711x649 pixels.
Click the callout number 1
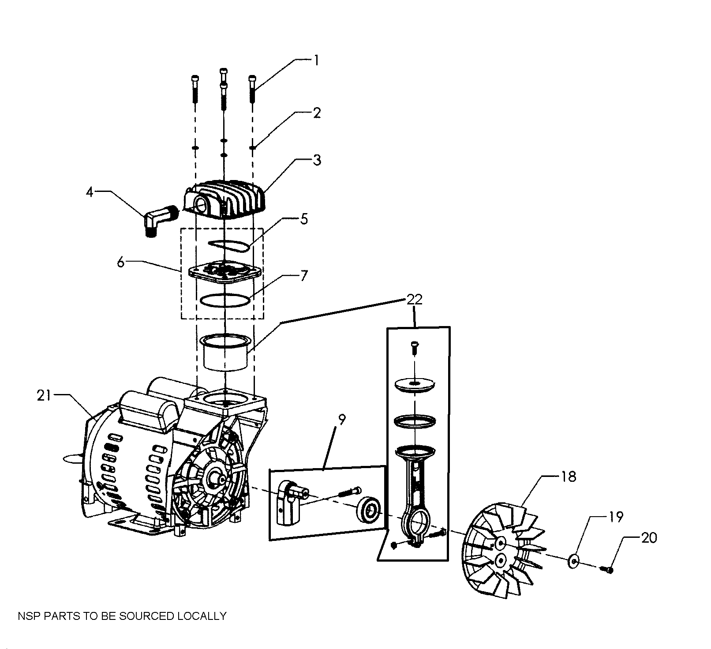pyautogui.click(x=316, y=60)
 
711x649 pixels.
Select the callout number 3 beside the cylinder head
pyautogui.click(x=317, y=160)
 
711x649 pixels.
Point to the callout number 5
pyautogui.click(x=304, y=219)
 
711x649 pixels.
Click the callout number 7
pyautogui.click(x=304, y=276)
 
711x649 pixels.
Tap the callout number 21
pyautogui.click(x=44, y=396)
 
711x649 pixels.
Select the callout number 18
pyautogui.click(x=569, y=477)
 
